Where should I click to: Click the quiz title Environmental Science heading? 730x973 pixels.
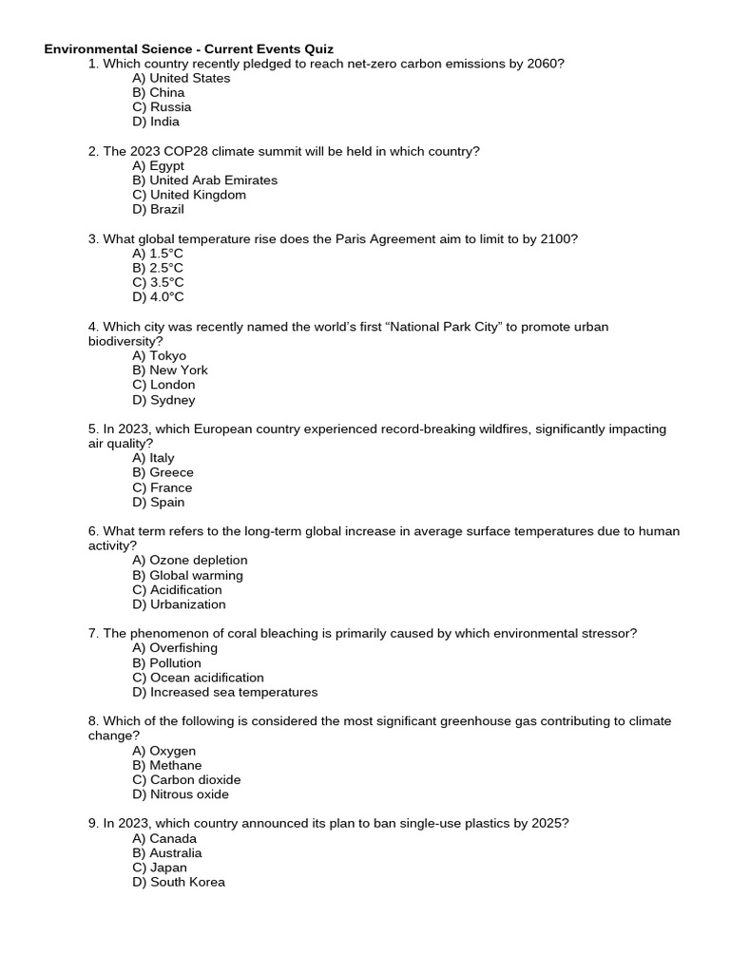188,48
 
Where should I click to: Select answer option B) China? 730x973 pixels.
159,92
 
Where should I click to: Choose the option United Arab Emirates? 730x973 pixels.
204,180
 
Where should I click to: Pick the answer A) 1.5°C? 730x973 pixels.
158,254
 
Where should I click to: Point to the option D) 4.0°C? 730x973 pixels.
158,296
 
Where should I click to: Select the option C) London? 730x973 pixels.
163,385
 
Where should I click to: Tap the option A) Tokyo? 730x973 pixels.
160,355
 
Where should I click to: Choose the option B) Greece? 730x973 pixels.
163,472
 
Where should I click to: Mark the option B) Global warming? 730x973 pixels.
187,575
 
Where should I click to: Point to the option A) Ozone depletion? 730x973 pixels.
189,560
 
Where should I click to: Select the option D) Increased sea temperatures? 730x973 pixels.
224,692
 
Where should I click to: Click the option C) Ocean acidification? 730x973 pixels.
198,677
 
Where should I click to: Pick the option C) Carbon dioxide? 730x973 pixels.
186,779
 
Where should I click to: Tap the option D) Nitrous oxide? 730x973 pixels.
181,794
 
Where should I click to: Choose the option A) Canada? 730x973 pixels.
164,838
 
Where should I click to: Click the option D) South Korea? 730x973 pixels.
179,882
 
